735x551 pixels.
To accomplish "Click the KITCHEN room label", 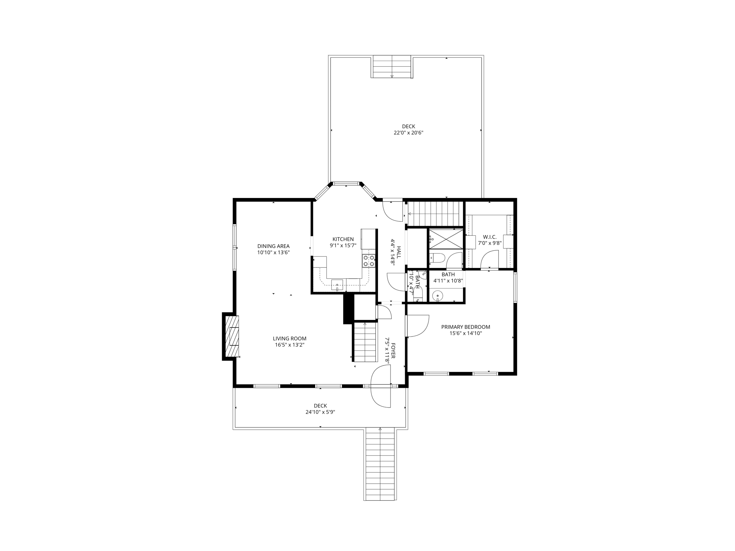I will click(x=343, y=239).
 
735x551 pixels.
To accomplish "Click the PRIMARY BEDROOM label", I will click(x=465, y=327).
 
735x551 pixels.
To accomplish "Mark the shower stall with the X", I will click(x=446, y=239).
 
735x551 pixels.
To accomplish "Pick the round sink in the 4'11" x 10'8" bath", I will click(x=437, y=296).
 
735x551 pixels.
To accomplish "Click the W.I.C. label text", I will click(x=490, y=237).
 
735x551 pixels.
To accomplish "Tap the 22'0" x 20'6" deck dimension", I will click(x=408, y=133).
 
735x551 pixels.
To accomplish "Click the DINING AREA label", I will click(x=273, y=246).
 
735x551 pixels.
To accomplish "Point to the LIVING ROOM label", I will click(x=289, y=338).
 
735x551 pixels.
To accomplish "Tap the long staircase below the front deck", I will click(x=380, y=464).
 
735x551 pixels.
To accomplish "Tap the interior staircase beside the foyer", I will click(x=365, y=343).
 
